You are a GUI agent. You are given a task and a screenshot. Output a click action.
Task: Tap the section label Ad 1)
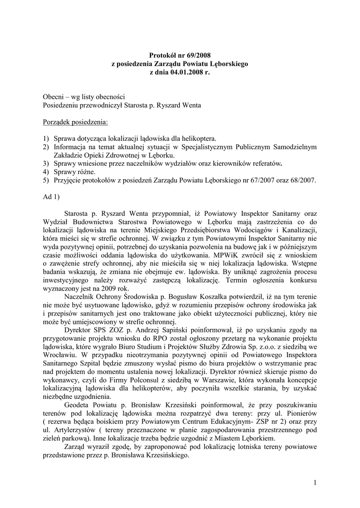point(52,197)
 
